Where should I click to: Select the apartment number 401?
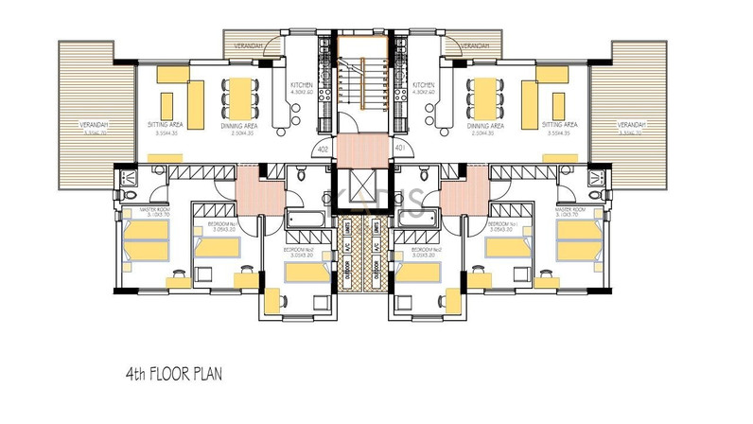tap(399, 148)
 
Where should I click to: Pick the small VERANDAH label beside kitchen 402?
tap(245, 44)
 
